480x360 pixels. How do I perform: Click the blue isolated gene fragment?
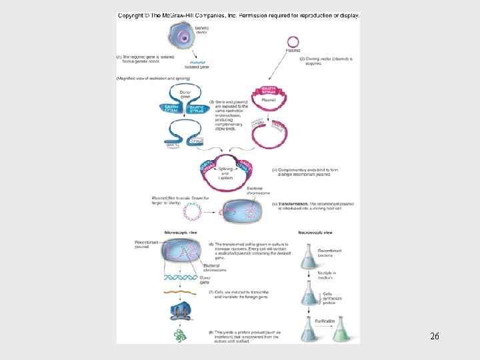(198, 63)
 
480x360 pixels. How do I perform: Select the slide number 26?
(434, 337)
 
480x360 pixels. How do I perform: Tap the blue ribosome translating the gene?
(181, 311)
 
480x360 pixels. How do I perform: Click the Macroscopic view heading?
(315, 233)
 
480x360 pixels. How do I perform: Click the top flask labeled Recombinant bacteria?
(309, 256)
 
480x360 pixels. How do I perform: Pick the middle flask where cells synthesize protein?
(309, 291)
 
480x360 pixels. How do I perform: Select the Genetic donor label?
(201, 30)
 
